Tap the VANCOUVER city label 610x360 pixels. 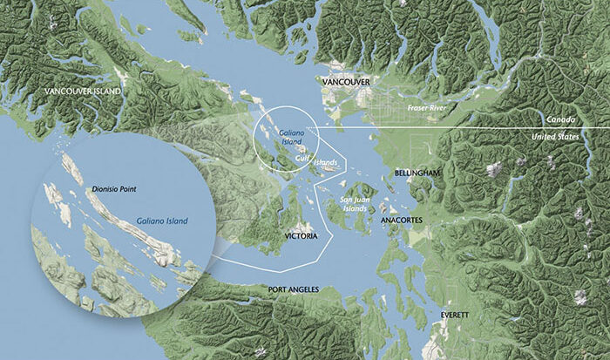pos(346,82)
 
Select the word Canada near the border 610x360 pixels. pos(561,119)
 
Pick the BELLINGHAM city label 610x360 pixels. pos(417,173)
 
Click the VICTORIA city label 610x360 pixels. pos(301,236)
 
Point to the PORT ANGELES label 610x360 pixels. pos(295,289)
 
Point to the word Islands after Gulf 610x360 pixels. pos(324,162)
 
